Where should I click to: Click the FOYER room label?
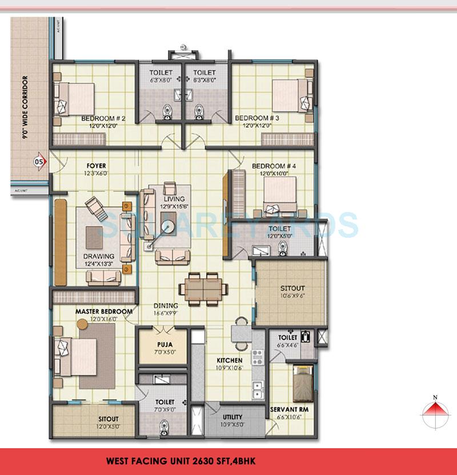coord(96,166)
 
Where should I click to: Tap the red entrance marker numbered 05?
coord(39,161)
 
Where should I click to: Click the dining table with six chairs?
coord(200,287)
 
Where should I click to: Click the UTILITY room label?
coord(232,417)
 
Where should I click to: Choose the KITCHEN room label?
coord(229,360)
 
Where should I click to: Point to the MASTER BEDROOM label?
coord(104,312)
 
